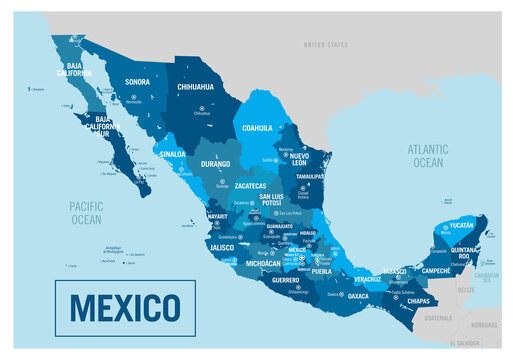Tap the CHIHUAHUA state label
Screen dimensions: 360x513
[x=195, y=87]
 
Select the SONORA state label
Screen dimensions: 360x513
[x=138, y=81]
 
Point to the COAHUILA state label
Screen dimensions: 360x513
[x=255, y=128]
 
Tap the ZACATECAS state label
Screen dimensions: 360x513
[x=251, y=185]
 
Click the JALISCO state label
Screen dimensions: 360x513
[x=223, y=244]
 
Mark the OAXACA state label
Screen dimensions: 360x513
[x=358, y=296]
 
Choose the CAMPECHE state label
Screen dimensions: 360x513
[x=435, y=270]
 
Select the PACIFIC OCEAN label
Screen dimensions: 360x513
[x=87, y=212]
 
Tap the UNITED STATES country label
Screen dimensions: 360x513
[x=325, y=44]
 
